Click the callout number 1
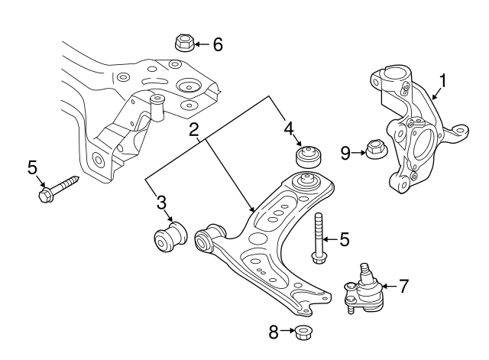click(442, 80)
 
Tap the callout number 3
click(160, 203)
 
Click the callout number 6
click(218, 44)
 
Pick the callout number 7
click(403, 287)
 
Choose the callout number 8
click(273, 332)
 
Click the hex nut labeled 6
click(183, 42)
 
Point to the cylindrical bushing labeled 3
click(167, 235)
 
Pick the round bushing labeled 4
click(309, 157)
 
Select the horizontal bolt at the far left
click(58, 189)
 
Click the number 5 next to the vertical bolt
click(344, 240)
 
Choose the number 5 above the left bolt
click(32, 166)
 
